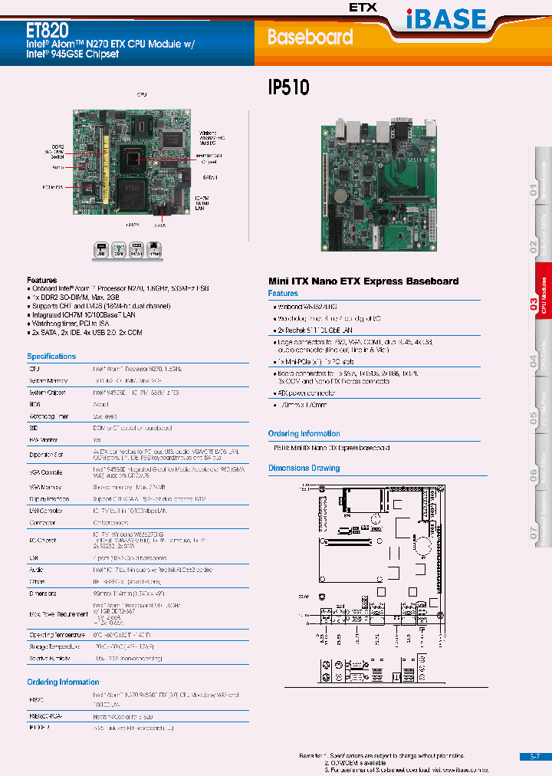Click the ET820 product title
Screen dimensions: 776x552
click(48, 31)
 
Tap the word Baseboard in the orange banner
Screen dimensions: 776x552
click(310, 37)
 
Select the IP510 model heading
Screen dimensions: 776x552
click(288, 87)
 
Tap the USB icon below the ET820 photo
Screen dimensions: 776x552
click(100, 249)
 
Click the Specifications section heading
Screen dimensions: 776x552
click(51, 357)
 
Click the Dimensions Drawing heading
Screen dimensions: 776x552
click(304, 468)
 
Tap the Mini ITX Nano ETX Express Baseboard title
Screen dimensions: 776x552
click(363, 281)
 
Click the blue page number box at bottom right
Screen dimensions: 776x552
click(535, 756)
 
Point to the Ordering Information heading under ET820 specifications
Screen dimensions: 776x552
click(63, 682)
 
